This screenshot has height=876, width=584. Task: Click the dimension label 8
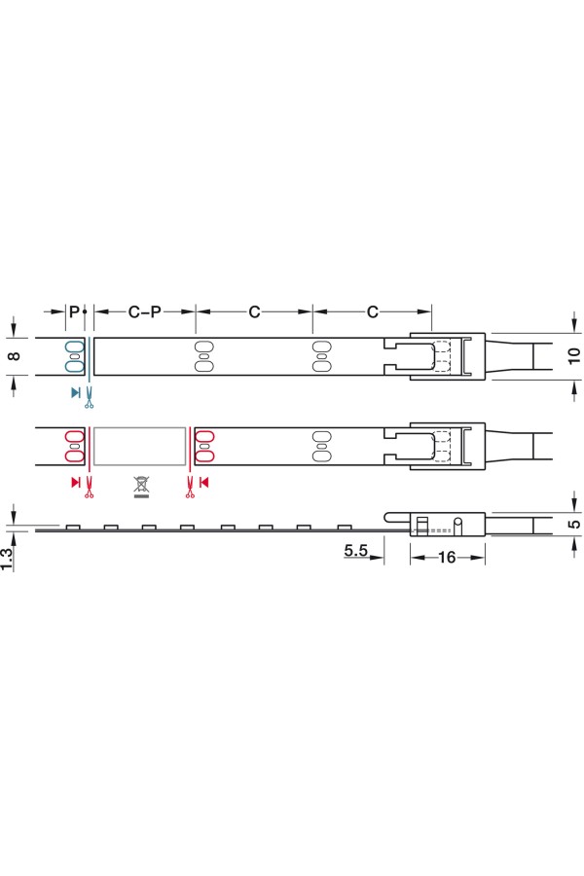[16, 355]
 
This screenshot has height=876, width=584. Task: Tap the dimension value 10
[574, 355]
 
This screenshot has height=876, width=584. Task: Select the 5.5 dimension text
[355, 550]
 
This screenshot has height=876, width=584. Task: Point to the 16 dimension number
[447, 557]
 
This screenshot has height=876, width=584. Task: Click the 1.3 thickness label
[6, 559]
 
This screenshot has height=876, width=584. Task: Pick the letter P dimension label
[74, 311]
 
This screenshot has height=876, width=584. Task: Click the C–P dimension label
[144, 311]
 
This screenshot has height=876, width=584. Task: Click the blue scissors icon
[89, 398]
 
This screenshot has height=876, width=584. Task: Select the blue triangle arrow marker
[76, 392]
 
